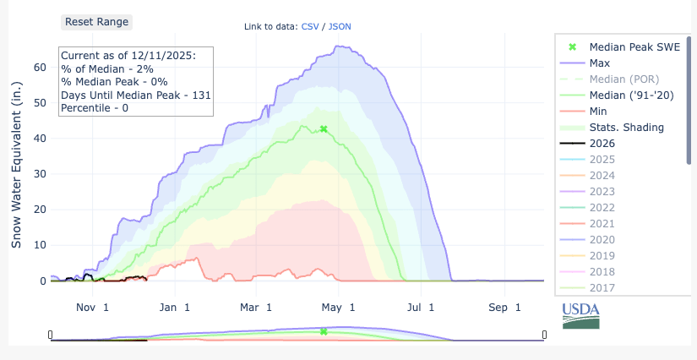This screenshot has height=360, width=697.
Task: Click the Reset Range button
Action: [x=96, y=22]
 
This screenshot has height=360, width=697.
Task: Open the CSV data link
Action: [x=310, y=26]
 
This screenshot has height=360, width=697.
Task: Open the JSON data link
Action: [x=340, y=26]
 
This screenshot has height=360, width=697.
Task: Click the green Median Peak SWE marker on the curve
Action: [x=324, y=129]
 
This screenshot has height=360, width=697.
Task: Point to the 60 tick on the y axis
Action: [x=39, y=66]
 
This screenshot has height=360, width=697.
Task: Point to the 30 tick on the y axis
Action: [x=39, y=173]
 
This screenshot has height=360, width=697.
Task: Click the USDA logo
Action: [x=581, y=316]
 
